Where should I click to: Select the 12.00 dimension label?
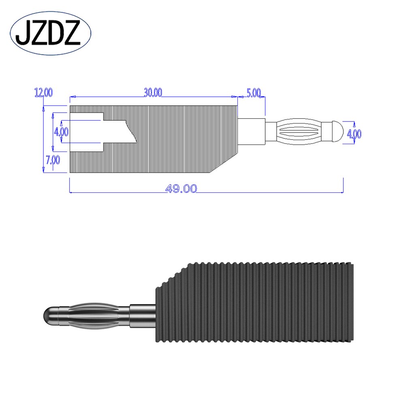pos(43,93)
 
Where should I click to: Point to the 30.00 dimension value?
pos(153,93)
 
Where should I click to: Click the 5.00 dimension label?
pos(254,93)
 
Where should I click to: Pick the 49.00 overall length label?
pos(181,188)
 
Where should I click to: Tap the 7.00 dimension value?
pos(53,160)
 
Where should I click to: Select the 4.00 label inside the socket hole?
pos(61,132)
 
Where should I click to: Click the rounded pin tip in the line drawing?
pos(337,132)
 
